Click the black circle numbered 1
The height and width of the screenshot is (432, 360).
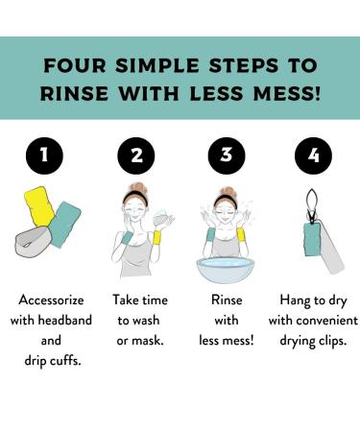pos(44,156)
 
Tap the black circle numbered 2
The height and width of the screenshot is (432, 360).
pos(136,156)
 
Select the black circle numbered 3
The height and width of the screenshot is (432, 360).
pos(227,156)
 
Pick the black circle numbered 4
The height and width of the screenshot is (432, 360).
pos(313,156)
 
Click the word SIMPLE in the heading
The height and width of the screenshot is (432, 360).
pos(157,65)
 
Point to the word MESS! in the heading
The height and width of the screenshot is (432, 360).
pos(286,94)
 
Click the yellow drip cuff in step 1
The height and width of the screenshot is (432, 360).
pos(39,206)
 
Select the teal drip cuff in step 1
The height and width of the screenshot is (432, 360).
pos(64,224)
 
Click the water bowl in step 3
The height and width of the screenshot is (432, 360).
pos(226,270)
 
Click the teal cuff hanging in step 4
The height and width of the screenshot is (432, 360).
pos(314,239)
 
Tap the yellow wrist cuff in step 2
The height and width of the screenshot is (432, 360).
pos(157,237)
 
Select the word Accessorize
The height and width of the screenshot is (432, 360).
pos(51,300)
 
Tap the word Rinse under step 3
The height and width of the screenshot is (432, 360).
pos(227,300)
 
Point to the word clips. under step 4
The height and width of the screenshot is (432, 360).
pos(332,341)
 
